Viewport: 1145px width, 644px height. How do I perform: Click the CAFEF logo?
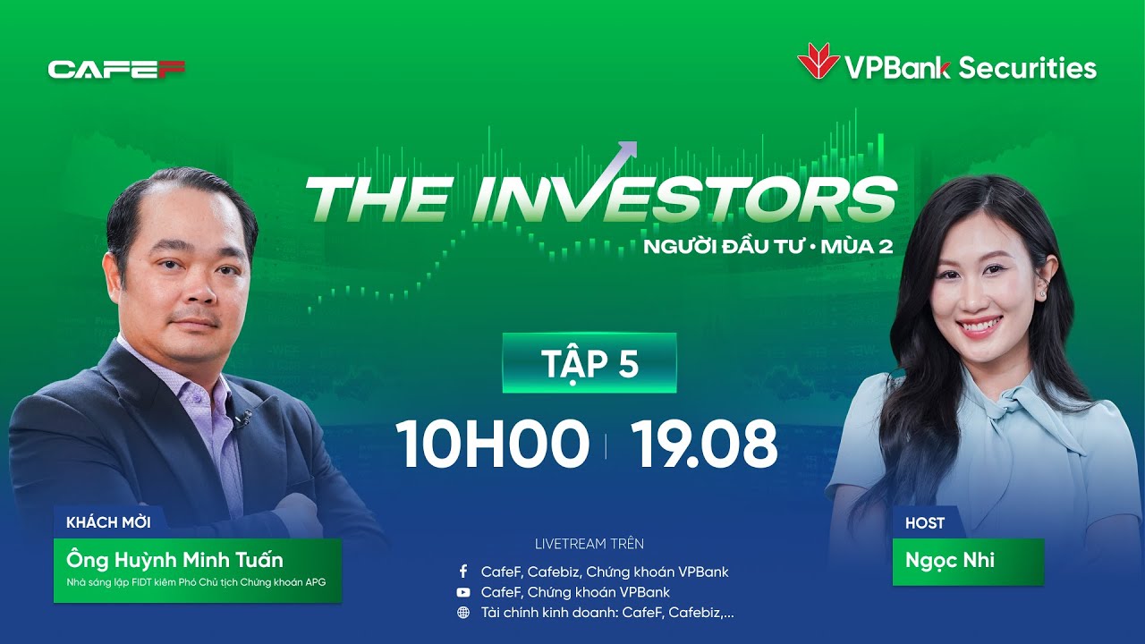click(116, 69)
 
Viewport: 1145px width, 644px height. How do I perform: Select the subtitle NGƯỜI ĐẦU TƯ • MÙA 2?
click(768, 246)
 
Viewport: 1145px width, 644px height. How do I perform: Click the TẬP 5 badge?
click(589, 363)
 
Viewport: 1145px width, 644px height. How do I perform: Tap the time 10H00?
click(492, 445)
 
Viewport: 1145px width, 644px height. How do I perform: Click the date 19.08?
click(704, 445)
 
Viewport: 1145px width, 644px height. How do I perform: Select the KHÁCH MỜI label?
click(108, 522)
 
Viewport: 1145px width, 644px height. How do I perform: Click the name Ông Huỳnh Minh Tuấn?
click(174, 561)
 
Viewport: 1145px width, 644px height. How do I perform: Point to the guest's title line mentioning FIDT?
click(196, 582)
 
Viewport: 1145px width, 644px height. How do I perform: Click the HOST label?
click(924, 522)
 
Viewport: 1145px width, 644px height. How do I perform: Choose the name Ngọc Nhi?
click(949, 561)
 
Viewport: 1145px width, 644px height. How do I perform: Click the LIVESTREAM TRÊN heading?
click(589, 544)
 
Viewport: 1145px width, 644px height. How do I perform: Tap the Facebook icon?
click(462, 571)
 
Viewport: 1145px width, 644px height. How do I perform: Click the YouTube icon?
click(462, 592)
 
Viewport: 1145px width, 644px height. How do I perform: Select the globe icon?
click(462, 613)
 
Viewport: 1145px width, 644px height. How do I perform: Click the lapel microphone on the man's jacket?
click(241, 417)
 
